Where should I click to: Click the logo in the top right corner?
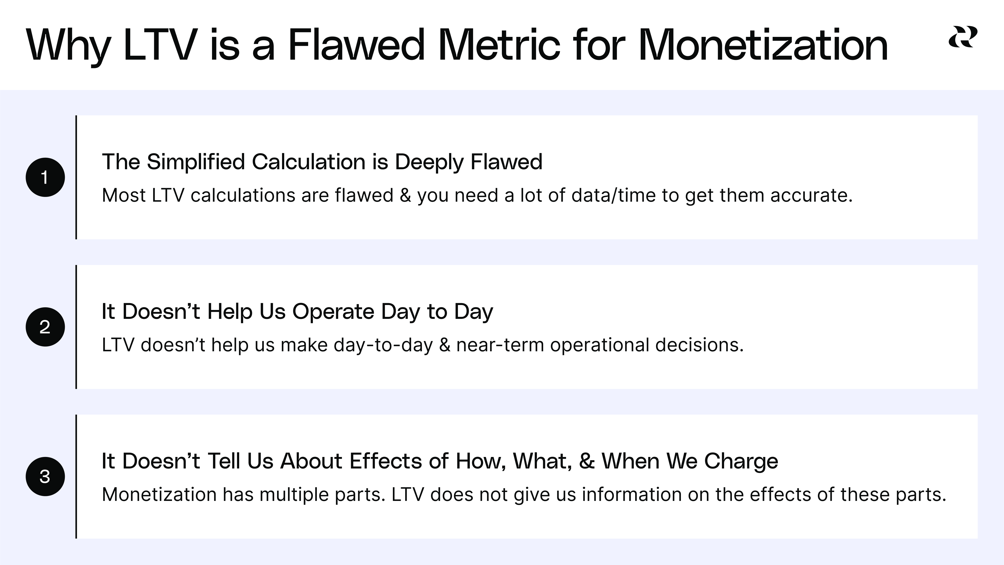pos(963,37)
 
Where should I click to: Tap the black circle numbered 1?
pos(45,177)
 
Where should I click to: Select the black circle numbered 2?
pos(45,327)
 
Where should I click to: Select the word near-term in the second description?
pos(500,345)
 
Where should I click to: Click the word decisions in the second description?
pos(699,345)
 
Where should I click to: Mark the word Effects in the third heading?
pos(386,461)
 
